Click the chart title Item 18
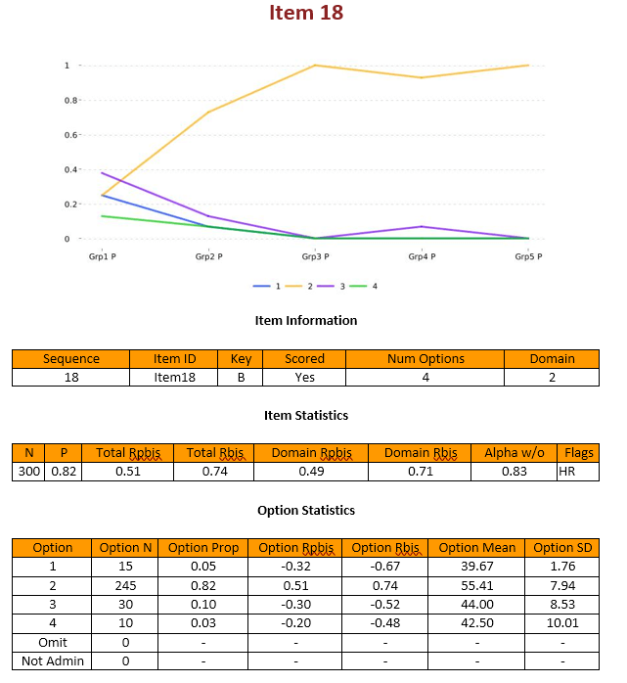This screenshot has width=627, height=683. [x=306, y=14]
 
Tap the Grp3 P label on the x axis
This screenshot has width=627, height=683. [x=315, y=256]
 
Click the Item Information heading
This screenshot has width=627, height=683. [x=306, y=320]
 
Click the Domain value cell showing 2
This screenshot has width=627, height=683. [x=552, y=377]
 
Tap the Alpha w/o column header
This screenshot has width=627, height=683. [x=515, y=453]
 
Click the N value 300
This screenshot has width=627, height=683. [x=29, y=472]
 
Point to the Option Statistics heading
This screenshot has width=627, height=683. [x=306, y=510]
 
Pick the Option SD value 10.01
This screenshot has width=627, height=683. [x=562, y=622]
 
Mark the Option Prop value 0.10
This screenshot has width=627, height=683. [x=202, y=604]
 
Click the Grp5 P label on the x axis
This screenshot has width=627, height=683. [x=528, y=256]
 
